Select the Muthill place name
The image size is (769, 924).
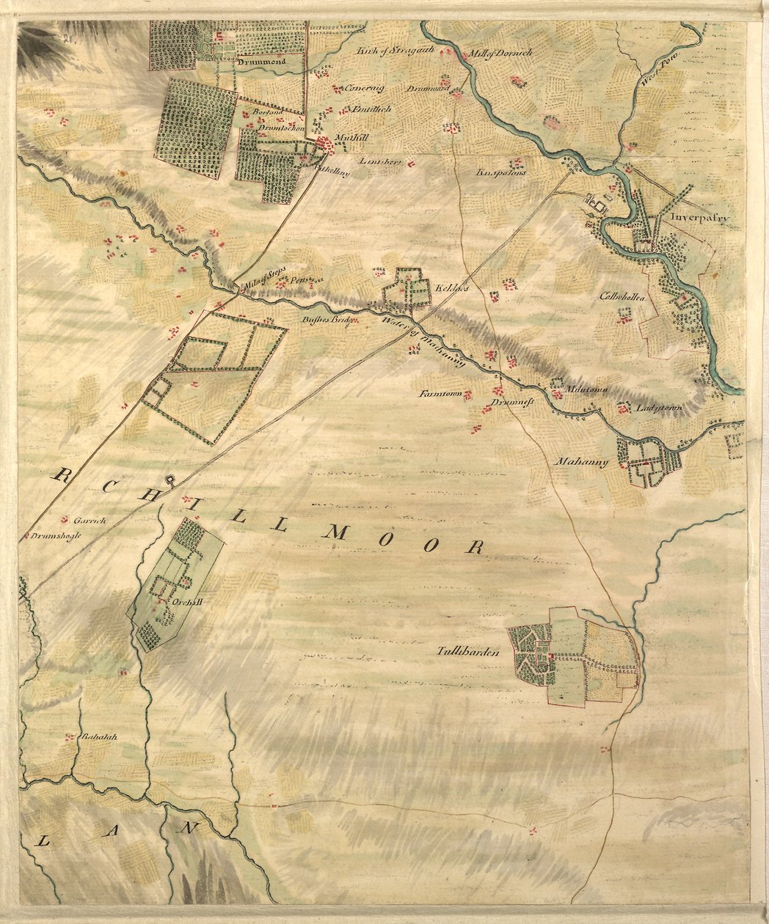[x=349, y=137]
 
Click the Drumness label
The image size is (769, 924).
[x=512, y=403]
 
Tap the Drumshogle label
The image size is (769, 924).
[x=56, y=535]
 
